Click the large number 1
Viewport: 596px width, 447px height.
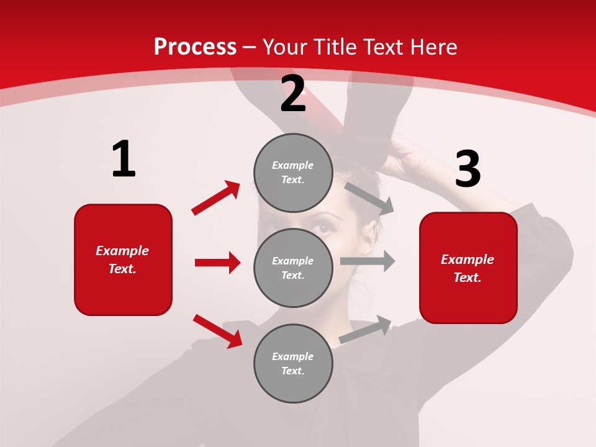point(124,160)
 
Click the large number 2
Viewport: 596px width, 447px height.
point(293,94)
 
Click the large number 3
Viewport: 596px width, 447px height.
point(467,169)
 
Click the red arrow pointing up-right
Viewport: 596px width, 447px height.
point(215,198)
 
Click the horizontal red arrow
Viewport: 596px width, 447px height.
point(217,263)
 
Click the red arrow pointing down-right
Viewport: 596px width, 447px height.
point(217,331)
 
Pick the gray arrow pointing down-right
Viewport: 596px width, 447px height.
point(369,198)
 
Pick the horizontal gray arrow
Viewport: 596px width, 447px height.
point(368,261)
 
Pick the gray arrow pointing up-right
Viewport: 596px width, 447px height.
point(366,330)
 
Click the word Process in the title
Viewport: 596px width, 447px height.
point(195,47)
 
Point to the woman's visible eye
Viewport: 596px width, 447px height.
point(323,228)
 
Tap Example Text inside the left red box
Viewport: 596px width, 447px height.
point(122,260)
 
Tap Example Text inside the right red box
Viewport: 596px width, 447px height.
point(467,268)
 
